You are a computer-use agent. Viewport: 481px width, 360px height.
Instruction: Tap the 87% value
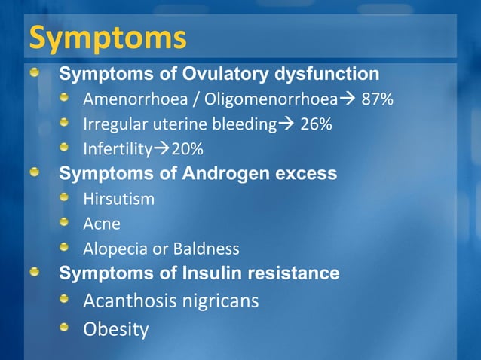coord(378,100)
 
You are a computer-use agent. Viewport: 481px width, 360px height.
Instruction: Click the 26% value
coord(316,124)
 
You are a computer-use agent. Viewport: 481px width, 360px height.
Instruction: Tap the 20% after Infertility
coord(187,148)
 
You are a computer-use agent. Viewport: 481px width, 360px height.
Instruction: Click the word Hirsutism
coord(118,199)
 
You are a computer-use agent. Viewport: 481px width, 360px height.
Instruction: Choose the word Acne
coord(102,224)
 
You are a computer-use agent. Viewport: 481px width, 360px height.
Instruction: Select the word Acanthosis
coord(130,301)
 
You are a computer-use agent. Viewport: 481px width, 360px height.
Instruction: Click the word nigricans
coord(221,301)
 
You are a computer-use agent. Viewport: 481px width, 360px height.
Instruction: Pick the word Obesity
coord(115,330)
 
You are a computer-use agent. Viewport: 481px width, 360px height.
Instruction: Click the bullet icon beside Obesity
coord(66,328)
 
